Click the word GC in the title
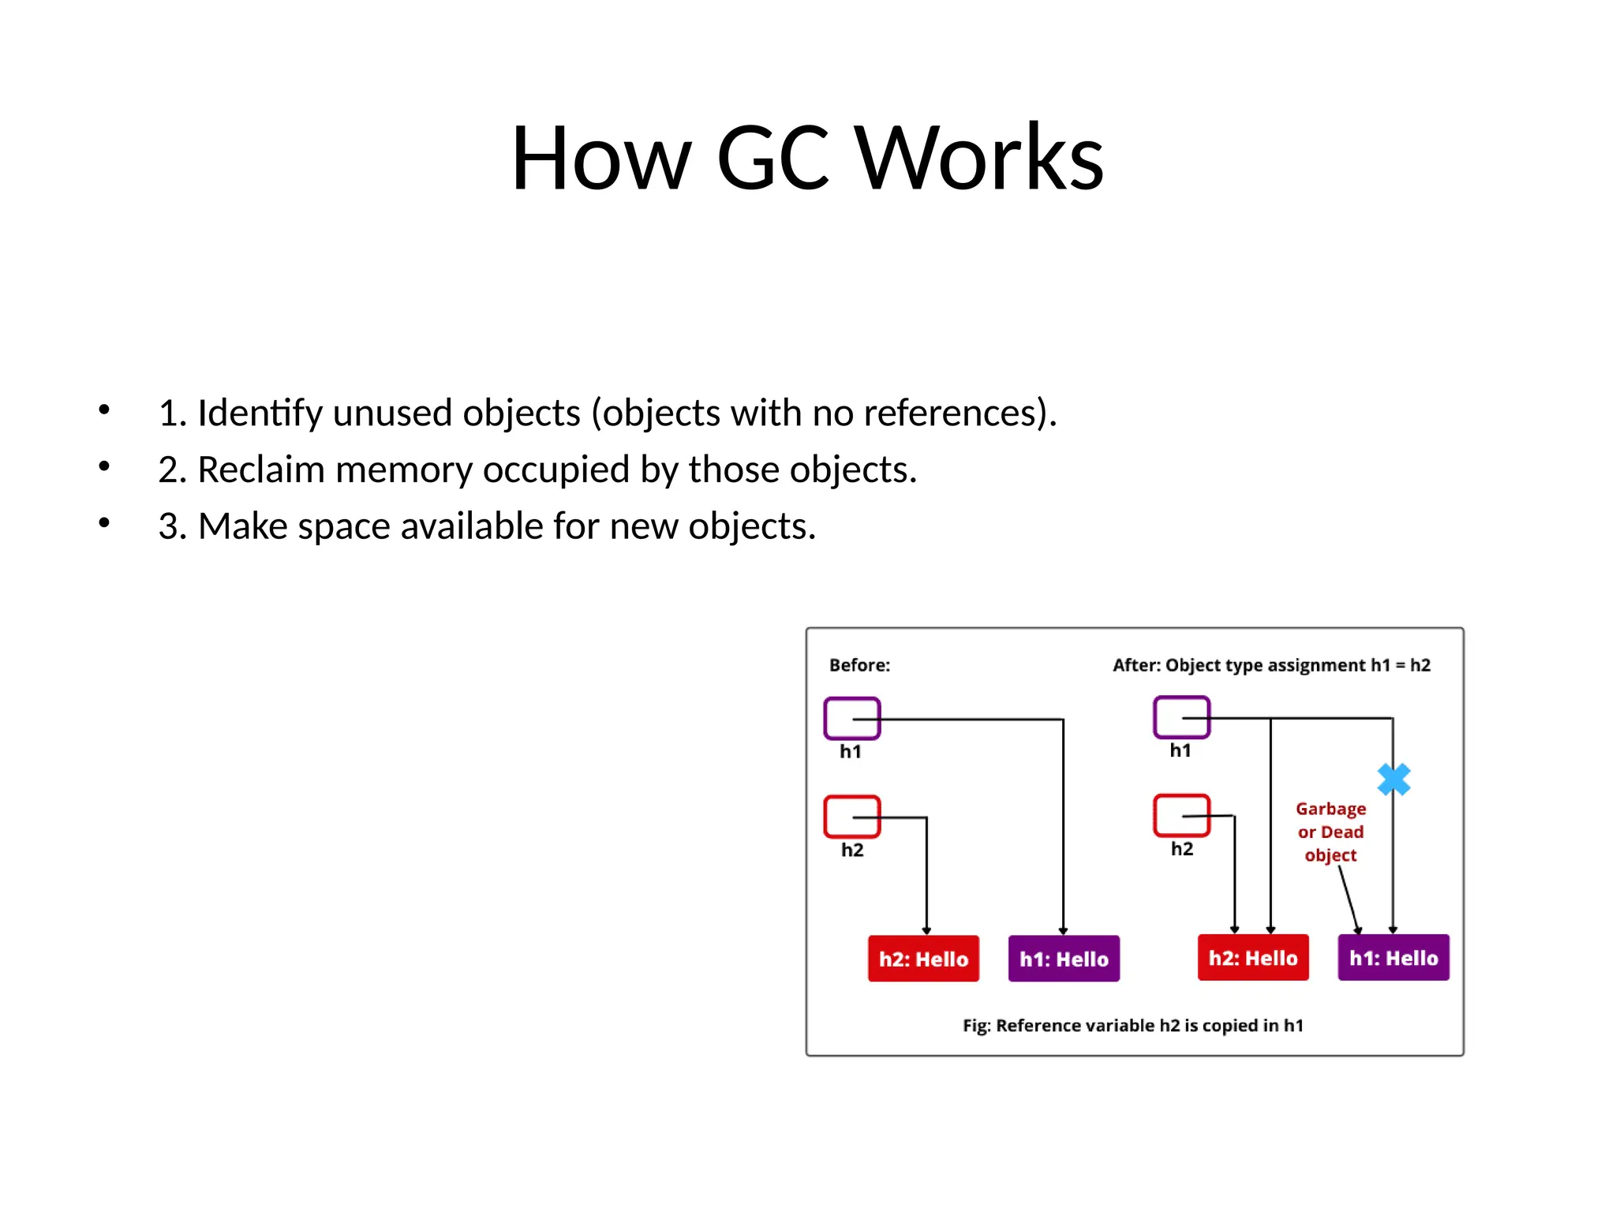(x=772, y=158)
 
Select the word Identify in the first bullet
(x=260, y=413)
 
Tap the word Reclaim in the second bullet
(x=260, y=470)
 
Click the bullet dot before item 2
(x=104, y=466)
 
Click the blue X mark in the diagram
(x=1393, y=780)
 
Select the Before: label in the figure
(x=859, y=665)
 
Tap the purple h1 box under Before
(x=851, y=718)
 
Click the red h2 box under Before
(x=851, y=817)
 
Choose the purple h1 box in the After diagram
(x=1181, y=717)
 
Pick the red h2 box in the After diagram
(x=1181, y=815)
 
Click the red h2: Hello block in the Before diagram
(x=923, y=959)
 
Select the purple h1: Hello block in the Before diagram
(x=1064, y=959)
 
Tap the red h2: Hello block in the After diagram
(x=1253, y=958)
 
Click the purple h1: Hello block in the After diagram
(x=1393, y=958)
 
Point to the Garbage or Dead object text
(x=1330, y=832)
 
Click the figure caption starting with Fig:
(x=1133, y=1026)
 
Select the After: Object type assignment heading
(x=1271, y=665)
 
